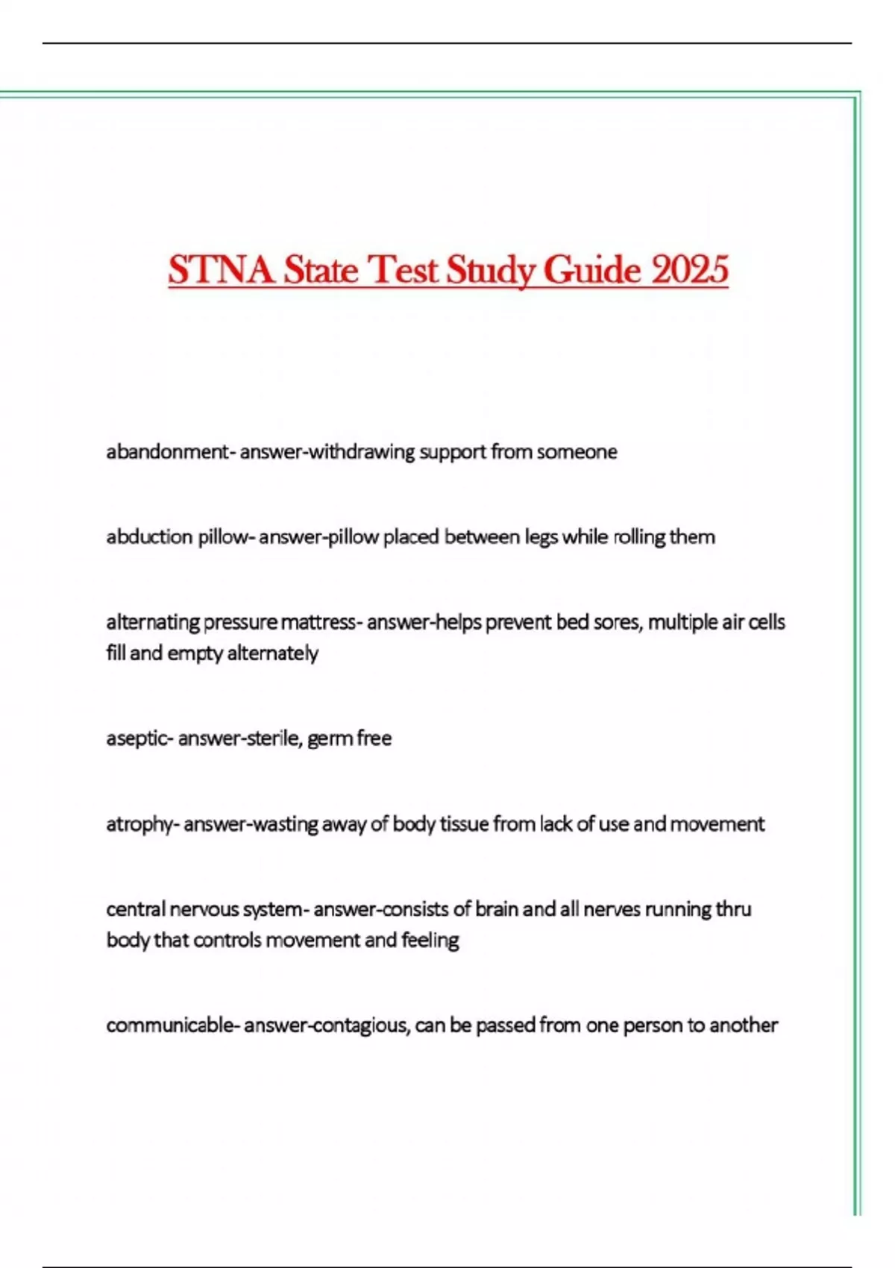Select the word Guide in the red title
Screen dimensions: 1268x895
pyautogui.click(x=591, y=270)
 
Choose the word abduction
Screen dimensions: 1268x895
pyautogui.click(x=149, y=537)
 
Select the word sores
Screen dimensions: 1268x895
pyautogui.click(x=616, y=622)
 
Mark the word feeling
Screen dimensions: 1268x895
pyautogui.click(x=430, y=940)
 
